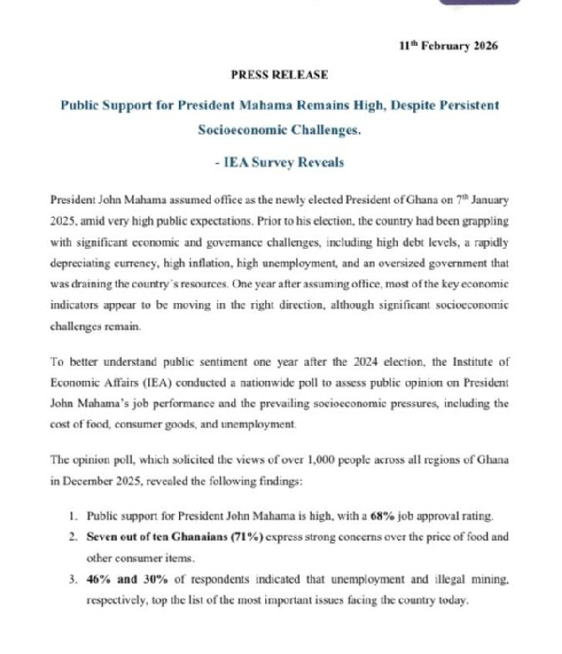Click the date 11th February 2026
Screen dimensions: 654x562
[448, 46]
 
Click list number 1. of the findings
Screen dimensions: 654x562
[71, 516]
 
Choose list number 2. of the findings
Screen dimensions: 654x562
[71, 537]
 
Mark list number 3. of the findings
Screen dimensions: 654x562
[71, 581]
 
